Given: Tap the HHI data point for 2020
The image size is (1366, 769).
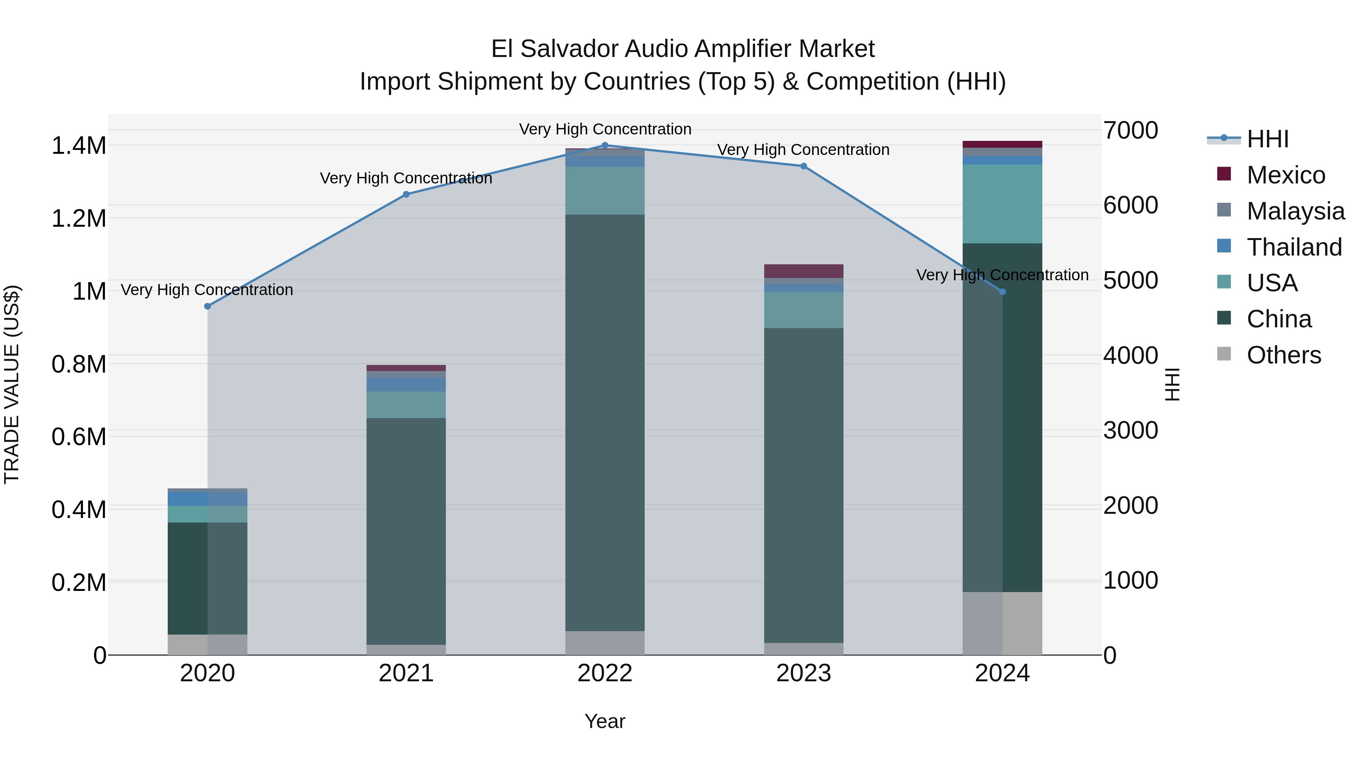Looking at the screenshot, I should (207, 306).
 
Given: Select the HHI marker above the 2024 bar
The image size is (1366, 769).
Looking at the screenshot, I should (1002, 292).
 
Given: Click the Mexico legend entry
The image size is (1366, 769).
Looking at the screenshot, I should (1286, 175).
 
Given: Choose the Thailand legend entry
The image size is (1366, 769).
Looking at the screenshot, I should (1294, 247).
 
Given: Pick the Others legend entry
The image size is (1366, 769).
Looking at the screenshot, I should (1283, 355).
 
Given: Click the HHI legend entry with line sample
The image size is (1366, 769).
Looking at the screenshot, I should (1267, 139).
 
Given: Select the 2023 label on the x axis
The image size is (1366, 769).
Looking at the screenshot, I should (803, 673).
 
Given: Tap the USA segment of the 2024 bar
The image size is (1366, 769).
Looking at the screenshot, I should (1002, 204).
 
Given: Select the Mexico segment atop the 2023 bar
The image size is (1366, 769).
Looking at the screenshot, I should (803, 271).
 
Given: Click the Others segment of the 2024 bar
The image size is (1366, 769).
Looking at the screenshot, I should (1002, 623).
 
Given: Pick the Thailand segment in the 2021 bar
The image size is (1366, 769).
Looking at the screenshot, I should (406, 384).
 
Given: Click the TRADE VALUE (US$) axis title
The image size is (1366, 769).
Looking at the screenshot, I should (12, 384).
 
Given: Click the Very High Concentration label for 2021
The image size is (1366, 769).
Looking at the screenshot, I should (406, 178).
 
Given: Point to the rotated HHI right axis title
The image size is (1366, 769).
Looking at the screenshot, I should (1172, 384).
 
